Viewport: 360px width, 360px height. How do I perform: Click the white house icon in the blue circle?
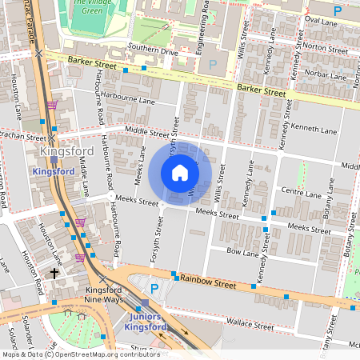[x=180, y=173]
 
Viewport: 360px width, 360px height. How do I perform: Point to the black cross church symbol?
[x=55, y=274]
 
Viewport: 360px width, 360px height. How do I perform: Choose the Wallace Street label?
[x=250, y=325]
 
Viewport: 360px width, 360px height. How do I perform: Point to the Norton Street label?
[x=320, y=46]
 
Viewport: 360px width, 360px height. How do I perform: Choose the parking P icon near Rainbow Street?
[x=154, y=287]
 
